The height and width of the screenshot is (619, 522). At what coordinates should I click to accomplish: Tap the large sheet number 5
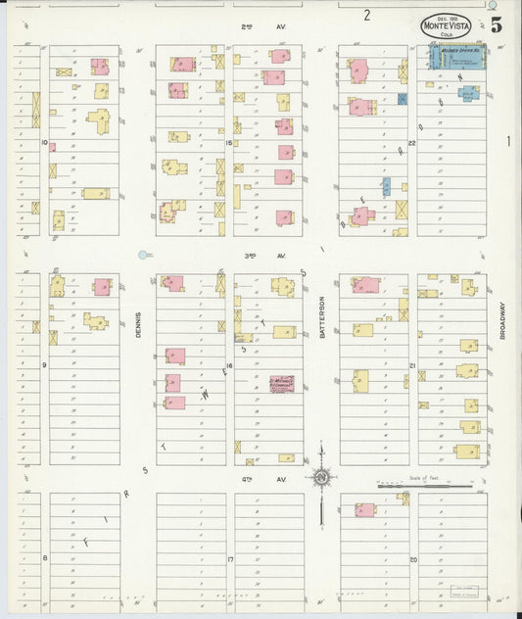pos(498,24)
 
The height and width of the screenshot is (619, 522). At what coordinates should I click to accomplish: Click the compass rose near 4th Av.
pos(321,477)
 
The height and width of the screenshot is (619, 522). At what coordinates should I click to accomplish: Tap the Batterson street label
pos(321,318)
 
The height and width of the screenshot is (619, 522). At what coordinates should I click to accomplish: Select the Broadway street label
pos(501,320)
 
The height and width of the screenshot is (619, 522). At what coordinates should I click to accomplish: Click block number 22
pos(412,143)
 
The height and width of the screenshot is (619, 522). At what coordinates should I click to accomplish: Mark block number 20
pos(412,559)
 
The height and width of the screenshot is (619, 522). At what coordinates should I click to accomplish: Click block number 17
pos(228,559)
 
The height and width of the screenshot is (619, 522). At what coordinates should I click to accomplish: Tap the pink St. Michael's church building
pos(281,383)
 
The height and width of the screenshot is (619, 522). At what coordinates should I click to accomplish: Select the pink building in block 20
pos(364,509)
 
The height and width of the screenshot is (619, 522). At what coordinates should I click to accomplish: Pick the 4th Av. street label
pos(273,479)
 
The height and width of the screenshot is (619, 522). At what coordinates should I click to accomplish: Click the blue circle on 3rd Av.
pos(143,255)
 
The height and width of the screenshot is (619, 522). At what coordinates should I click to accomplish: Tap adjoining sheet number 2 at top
pos(366,15)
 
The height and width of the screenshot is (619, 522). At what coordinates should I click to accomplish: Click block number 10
pos(44,142)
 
